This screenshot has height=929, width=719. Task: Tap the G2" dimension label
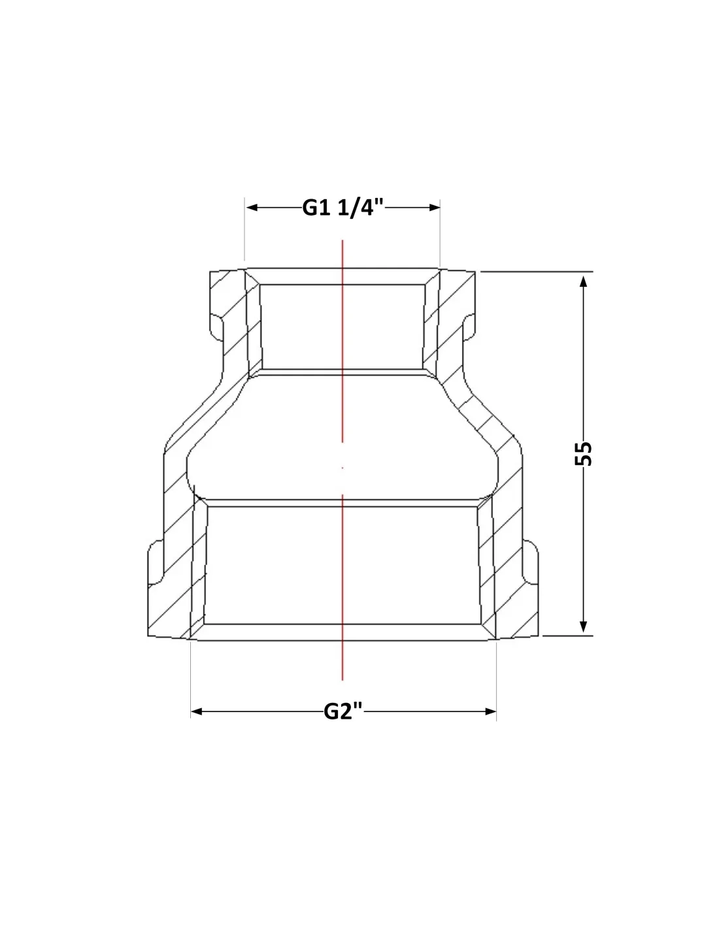click(x=343, y=711)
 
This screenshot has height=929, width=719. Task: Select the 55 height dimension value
click(x=584, y=453)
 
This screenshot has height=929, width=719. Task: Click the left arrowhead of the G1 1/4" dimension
click(x=252, y=208)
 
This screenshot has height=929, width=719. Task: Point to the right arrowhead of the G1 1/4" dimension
click(x=435, y=208)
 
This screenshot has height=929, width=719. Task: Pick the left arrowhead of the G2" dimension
click(x=196, y=711)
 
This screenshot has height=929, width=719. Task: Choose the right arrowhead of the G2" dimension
click(x=491, y=711)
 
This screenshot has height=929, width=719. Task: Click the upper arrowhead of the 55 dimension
click(x=583, y=282)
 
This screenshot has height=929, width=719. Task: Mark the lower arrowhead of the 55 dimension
click(x=583, y=627)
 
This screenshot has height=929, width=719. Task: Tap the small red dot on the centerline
click(x=343, y=468)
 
